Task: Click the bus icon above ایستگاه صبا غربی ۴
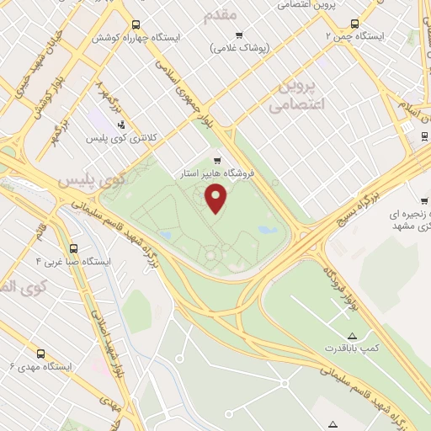pyautogui.click(x=74, y=249)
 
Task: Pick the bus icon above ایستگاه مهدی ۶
pyautogui.click(x=40, y=354)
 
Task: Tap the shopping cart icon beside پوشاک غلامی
pyautogui.click(x=239, y=35)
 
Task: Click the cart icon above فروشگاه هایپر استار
pyautogui.click(x=217, y=160)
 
